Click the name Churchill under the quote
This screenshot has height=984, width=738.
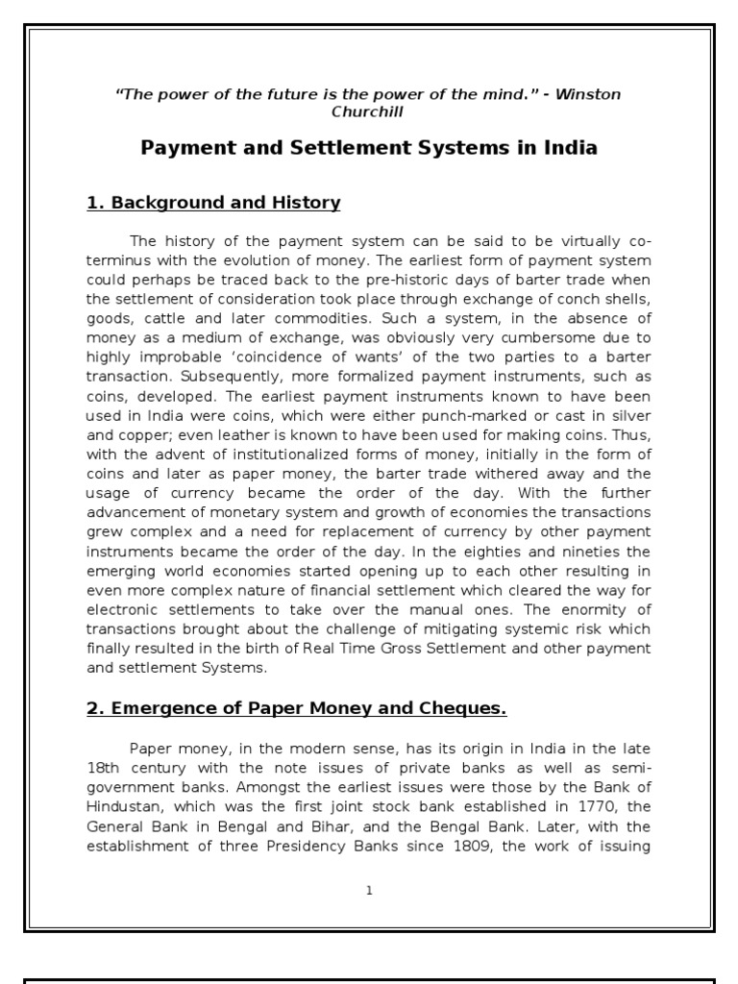pos(369,111)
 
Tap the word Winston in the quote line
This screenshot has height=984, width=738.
pos(588,93)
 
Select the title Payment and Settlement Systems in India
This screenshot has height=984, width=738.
pos(369,148)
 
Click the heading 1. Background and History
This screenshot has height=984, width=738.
pos(213,203)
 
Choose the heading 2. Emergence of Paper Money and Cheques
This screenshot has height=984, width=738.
pos(297,708)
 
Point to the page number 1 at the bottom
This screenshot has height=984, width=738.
pos(369,891)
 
